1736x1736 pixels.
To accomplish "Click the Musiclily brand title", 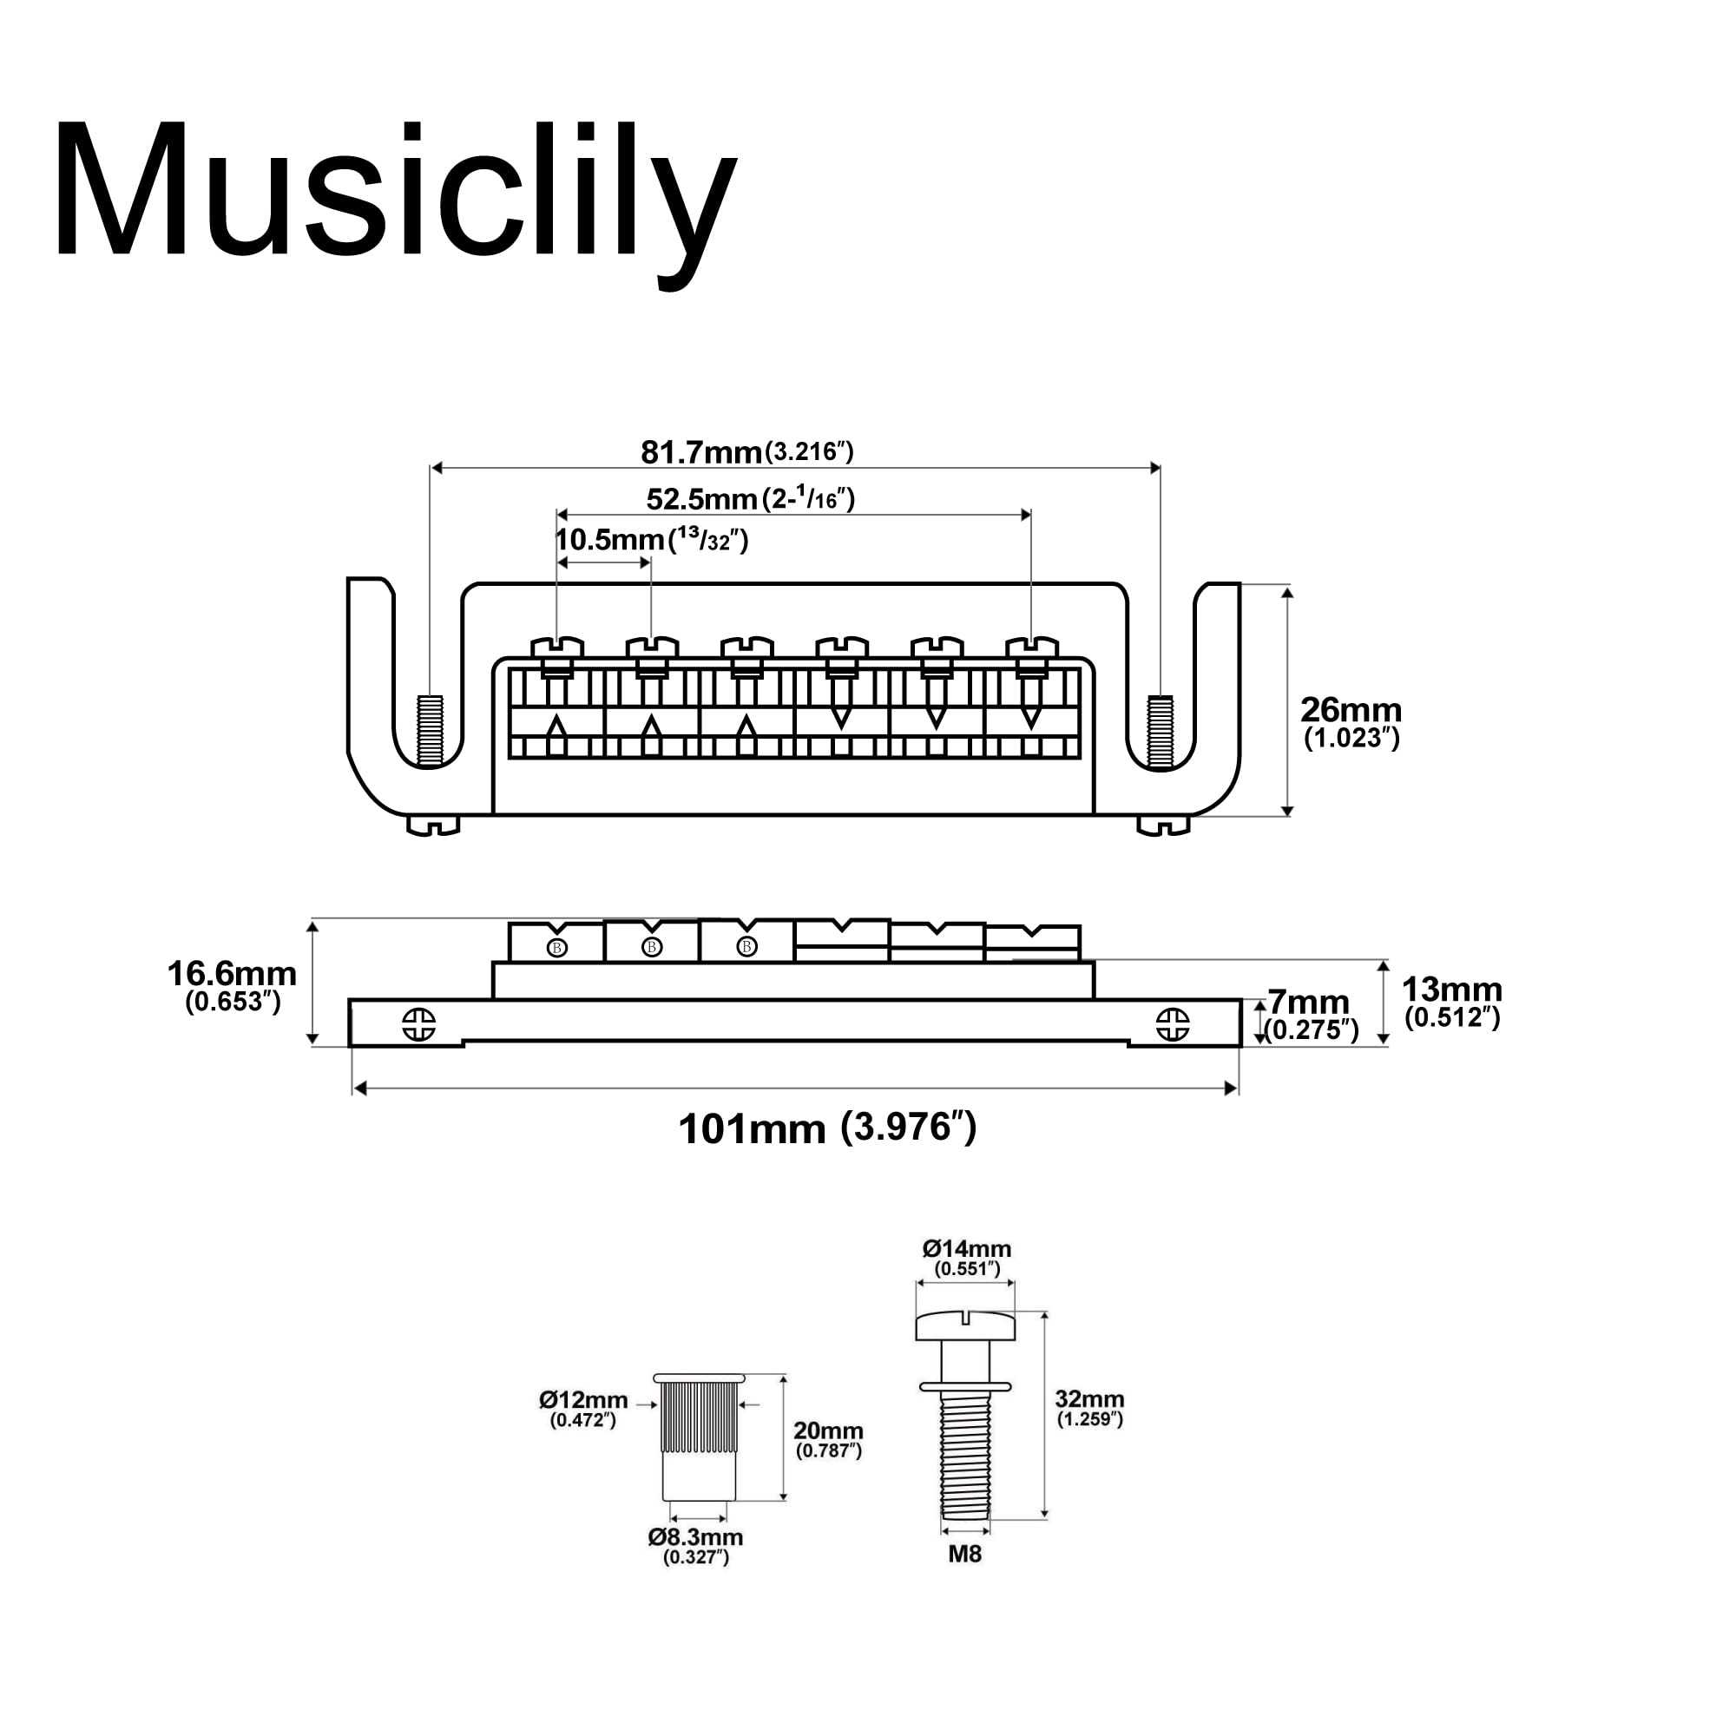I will point(395,194).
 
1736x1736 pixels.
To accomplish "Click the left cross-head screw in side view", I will point(418,1024).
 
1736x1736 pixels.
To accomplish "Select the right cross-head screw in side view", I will point(1173,1024).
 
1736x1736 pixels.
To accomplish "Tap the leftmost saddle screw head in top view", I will point(557,647).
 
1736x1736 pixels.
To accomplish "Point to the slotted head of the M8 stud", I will point(965,1325).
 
